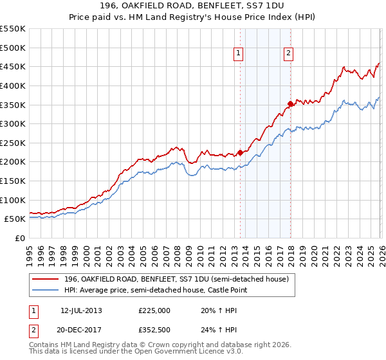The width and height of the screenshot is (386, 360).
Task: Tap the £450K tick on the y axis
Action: click(13, 66)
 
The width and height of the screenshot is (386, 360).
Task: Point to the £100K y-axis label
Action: click(13, 200)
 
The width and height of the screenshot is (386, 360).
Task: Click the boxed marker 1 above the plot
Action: click(239, 54)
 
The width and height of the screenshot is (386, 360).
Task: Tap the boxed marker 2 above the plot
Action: click(288, 54)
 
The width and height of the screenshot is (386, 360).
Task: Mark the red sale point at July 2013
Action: click(240, 152)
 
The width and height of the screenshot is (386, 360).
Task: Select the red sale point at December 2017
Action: click(290, 104)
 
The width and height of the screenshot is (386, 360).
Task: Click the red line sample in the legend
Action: click(47, 279)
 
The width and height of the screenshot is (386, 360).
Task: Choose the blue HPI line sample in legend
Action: click(47, 291)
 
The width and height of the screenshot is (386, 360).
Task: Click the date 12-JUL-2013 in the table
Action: click(81, 310)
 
